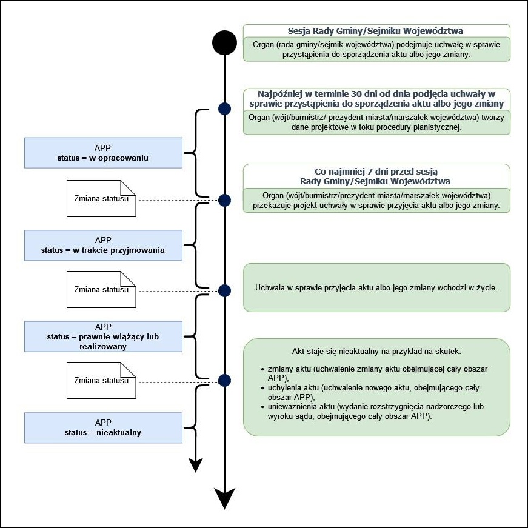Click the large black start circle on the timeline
click(x=224, y=42)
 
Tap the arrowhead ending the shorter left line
click(x=195, y=464)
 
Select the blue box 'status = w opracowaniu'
click(x=103, y=153)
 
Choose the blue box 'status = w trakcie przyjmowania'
click(x=103, y=245)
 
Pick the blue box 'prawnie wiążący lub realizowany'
click(x=103, y=336)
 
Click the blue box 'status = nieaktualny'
click(x=103, y=427)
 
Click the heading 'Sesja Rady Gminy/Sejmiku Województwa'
click(x=376, y=31)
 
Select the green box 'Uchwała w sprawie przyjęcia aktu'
click(x=376, y=287)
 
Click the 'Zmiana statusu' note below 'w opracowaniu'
click(x=101, y=198)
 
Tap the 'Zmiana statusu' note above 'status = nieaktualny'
click(x=101, y=381)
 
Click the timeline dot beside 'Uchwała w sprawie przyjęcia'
click(x=224, y=290)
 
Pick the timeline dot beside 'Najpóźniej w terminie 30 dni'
click(x=224, y=109)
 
